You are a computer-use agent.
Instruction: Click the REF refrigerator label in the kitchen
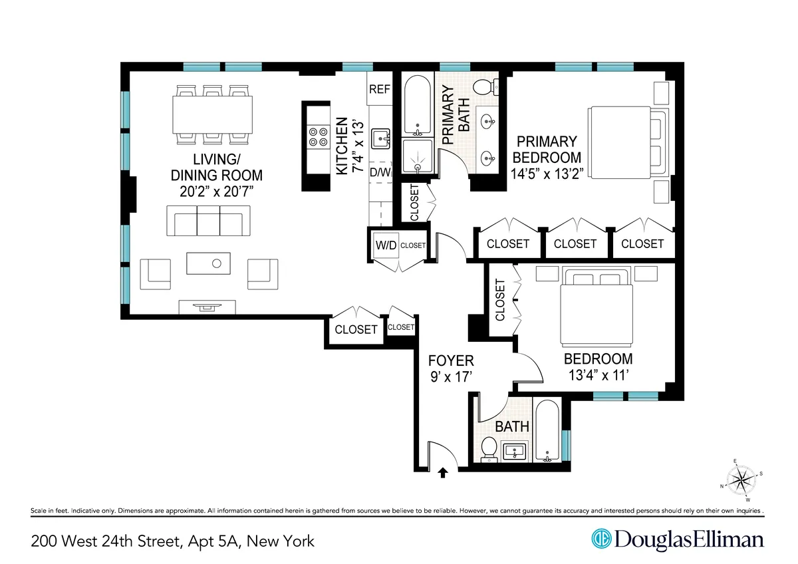[380, 89]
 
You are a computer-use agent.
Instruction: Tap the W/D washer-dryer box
[385, 245]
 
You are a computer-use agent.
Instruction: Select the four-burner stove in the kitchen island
[317, 136]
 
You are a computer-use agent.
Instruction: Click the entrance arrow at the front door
[444, 472]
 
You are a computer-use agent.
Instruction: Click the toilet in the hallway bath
[489, 450]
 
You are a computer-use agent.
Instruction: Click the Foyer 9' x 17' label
[451, 369]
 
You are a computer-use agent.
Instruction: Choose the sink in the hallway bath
[515, 452]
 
